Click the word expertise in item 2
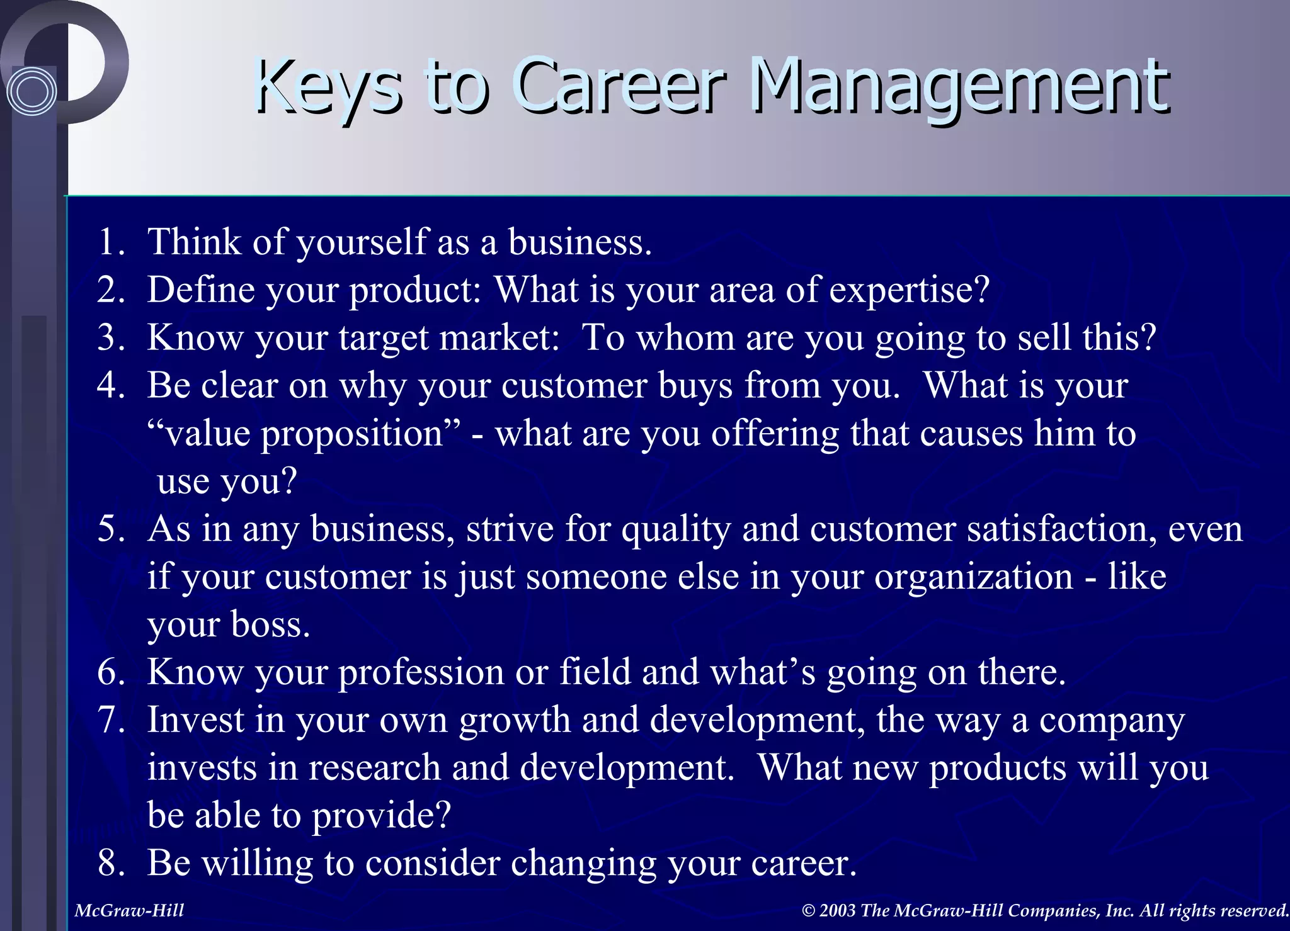click(909, 290)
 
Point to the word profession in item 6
click(421, 672)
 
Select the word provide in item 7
click(381, 815)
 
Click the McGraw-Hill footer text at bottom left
click(129, 910)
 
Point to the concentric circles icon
click(31, 92)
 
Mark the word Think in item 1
click(194, 242)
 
